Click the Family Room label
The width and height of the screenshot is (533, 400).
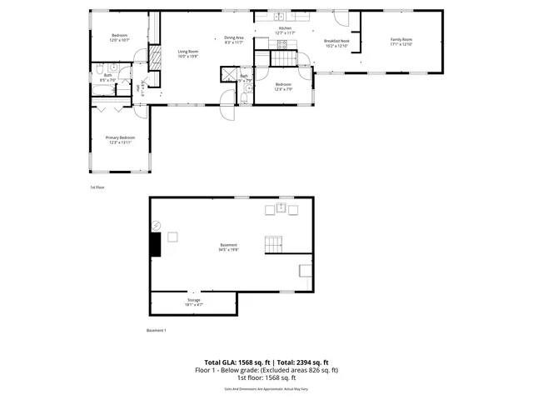tap(402, 42)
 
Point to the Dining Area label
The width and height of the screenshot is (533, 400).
tap(234, 39)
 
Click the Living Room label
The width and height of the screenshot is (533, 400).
tap(187, 54)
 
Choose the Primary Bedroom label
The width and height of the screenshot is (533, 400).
tap(120, 140)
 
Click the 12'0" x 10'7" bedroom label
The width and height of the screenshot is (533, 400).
tap(120, 37)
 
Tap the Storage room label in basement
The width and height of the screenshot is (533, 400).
tap(193, 302)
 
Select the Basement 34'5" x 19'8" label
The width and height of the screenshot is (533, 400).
tap(228, 247)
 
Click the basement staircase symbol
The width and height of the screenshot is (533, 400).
tap(274, 244)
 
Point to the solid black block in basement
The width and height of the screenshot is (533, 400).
tap(155, 243)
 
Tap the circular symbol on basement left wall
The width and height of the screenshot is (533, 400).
tap(155, 225)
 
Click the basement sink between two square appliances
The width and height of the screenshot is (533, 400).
tap(281, 207)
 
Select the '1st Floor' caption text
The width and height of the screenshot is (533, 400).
tap(97, 187)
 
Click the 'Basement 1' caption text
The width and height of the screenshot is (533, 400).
tap(157, 331)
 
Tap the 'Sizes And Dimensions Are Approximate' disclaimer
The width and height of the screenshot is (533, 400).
tap(266, 389)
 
